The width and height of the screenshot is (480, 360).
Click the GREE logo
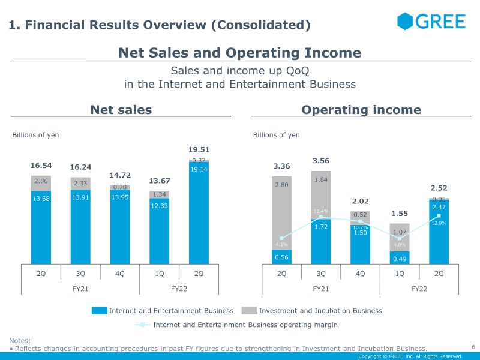[431, 22]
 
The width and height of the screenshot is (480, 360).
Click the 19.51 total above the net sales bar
[199, 149]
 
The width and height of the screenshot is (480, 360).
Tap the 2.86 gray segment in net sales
[41, 182]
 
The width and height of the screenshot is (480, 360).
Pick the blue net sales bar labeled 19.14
[199, 216]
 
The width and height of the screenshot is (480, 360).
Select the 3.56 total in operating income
[322, 161]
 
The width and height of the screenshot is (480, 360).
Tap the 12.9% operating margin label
[439, 223]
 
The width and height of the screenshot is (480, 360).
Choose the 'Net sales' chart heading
[121, 110]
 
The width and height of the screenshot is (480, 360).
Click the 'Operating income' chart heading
[361, 110]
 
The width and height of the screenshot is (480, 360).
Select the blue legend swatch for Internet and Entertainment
[100, 311]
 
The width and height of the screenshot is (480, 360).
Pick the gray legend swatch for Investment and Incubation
[249, 311]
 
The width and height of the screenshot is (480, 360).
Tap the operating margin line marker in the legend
[142, 325]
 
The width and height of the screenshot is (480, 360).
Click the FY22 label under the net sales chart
[179, 289]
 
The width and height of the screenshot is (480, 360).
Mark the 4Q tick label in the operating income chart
[361, 274]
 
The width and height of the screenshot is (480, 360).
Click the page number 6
[473, 347]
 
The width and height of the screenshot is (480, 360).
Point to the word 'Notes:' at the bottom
[20, 341]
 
